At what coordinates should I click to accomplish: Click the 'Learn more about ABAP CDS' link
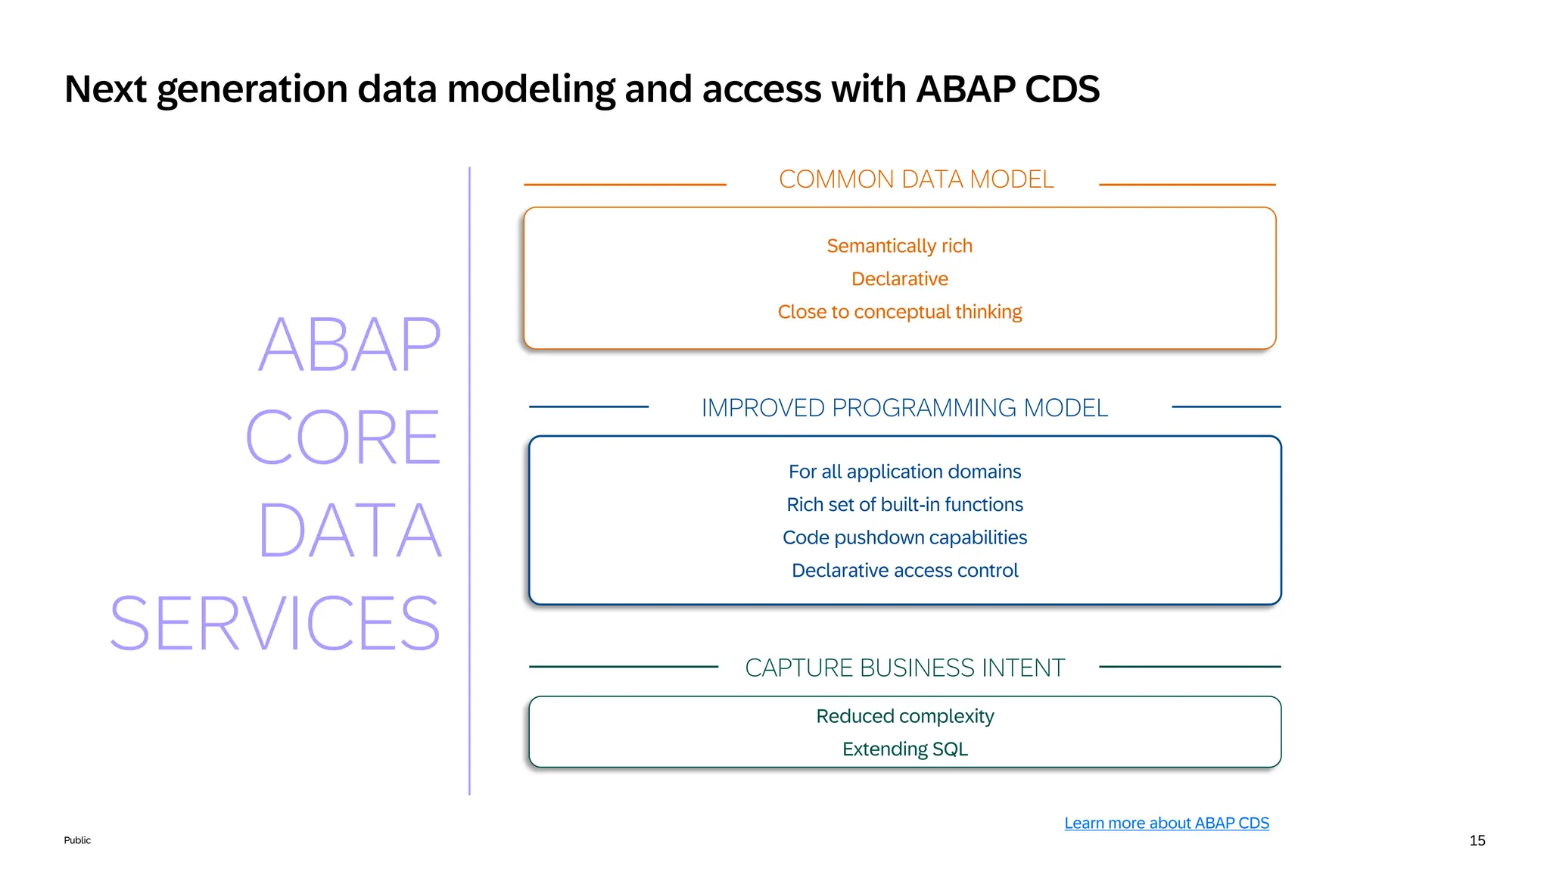coord(1166,823)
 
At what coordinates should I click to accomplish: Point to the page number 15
coord(1477,840)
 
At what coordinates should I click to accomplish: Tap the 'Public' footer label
coord(77,840)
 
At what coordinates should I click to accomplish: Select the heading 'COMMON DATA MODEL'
coord(916,179)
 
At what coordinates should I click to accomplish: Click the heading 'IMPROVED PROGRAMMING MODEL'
coord(904,408)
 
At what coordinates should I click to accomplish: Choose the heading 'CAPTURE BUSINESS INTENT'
coord(904,668)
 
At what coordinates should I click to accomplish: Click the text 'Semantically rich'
coord(899,246)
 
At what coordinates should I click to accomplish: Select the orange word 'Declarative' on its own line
coord(899,279)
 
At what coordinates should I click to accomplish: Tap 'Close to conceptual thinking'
coord(899,312)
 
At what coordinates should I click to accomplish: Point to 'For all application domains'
coord(904,472)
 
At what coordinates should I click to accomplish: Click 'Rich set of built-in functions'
coord(904,505)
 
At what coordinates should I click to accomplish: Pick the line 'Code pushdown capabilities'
coord(904,537)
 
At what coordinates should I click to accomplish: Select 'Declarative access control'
coord(904,571)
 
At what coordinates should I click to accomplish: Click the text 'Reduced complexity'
coord(904,716)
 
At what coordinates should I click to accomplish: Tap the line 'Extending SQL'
coord(904,749)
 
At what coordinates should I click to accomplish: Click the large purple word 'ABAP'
coord(350,345)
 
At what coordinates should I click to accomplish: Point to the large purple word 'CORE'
coord(343,438)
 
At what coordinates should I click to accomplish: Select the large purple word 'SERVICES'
coord(275,624)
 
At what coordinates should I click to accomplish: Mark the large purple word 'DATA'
coord(350,531)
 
